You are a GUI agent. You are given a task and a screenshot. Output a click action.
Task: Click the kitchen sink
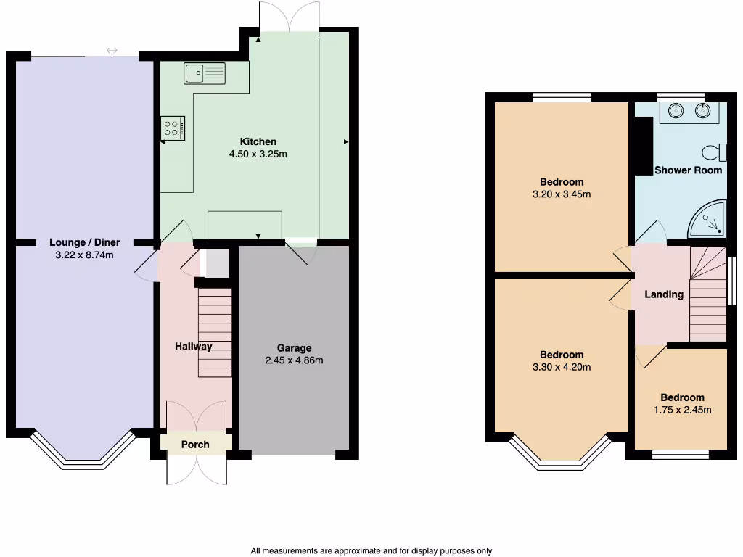coord(205,73)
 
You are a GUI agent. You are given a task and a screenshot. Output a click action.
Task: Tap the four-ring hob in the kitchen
coord(173,128)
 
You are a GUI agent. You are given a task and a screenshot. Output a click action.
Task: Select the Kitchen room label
coord(258,141)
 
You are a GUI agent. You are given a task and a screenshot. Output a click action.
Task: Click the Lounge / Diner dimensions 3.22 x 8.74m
coord(84,255)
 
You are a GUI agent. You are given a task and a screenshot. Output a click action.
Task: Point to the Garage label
coord(294,348)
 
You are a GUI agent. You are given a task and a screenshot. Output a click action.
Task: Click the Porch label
coord(194,445)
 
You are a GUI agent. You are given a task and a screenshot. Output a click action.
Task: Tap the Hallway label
coord(193,347)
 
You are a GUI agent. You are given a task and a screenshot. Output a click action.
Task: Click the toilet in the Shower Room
coord(715,152)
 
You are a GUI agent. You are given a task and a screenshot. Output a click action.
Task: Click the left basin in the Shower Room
coord(676,111)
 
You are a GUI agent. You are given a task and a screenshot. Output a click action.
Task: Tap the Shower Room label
coord(688,170)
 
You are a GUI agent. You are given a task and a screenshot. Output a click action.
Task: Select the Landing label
coord(664,294)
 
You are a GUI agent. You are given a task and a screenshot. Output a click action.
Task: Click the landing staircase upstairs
coord(707,294)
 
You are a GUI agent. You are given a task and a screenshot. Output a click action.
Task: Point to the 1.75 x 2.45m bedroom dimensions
coord(682,410)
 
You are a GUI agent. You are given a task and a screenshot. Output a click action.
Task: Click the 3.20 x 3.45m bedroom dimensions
coord(562,194)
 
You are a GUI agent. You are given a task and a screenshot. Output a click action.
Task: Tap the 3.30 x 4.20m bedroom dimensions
coord(562,367)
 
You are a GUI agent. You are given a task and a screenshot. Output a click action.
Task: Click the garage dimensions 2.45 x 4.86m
coord(294,360)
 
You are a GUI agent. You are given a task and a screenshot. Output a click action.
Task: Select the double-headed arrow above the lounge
coord(112,51)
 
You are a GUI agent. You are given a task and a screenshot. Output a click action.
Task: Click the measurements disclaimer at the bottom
coord(371,550)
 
